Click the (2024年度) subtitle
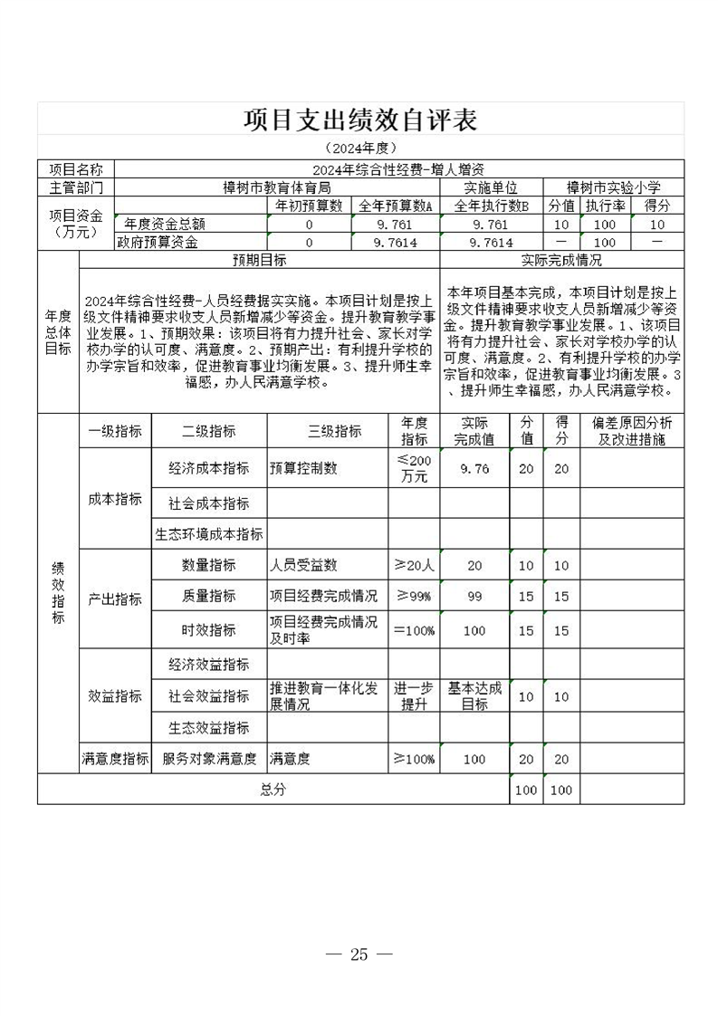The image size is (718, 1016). point(360,148)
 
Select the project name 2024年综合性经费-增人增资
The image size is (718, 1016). point(399,169)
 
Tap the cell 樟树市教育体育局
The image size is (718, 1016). point(277,187)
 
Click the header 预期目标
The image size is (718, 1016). point(259,260)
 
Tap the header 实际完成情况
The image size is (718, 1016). point(561,260)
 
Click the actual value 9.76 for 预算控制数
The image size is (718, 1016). point(474,468)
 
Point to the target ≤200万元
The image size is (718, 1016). point(414,468)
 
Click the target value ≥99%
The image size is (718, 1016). point(414,596)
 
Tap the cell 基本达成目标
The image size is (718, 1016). point(474,695)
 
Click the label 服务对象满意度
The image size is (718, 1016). point(208,759)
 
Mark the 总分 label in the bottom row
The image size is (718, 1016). point(273,790)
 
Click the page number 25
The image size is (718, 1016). point(359,954)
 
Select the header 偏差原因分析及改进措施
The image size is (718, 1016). point(631,431)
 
